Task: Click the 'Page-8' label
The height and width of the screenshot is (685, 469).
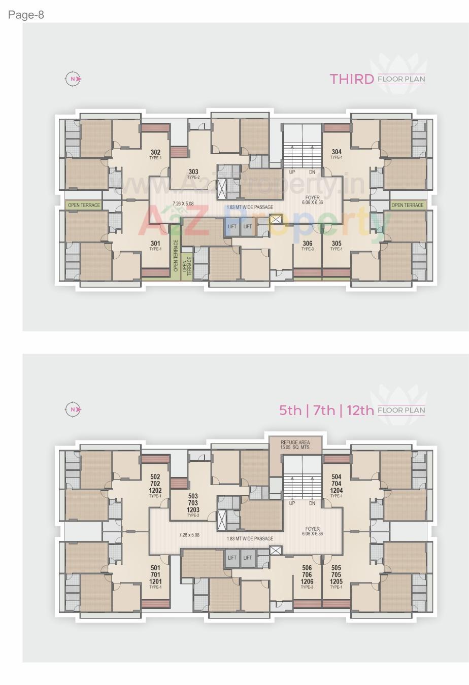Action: (x=26, y=15)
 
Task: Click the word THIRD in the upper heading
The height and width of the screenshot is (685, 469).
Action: (x=352, y=79)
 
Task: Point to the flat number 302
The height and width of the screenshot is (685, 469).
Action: (x=155, y=152)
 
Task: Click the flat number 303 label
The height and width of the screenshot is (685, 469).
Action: (x=193, y=172)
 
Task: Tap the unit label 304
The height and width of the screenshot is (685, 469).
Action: (x=337, y=152)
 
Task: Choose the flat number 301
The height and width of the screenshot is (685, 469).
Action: (x=155, y=244)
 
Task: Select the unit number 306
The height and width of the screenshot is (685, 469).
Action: (x=307, y=244)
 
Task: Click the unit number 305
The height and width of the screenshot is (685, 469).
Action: (x=337, y=244)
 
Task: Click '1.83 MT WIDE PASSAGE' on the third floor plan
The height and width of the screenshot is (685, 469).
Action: (x=250, y=207)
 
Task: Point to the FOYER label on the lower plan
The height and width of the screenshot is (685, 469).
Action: (x=312, y=528)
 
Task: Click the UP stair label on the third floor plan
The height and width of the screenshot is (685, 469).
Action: (x=292, y=172)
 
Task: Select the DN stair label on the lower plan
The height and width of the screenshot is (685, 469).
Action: (x=312, y=503)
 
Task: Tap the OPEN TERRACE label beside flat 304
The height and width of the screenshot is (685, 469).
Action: (x=407, y=205)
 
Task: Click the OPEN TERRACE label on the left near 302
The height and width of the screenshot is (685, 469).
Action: (x=84, y=205)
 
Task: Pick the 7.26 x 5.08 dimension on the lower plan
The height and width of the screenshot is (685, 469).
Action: (x=189, y=534)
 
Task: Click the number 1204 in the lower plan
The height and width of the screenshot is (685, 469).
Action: (x=337, y=491)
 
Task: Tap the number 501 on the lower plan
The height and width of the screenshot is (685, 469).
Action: (x=155, y=568)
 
